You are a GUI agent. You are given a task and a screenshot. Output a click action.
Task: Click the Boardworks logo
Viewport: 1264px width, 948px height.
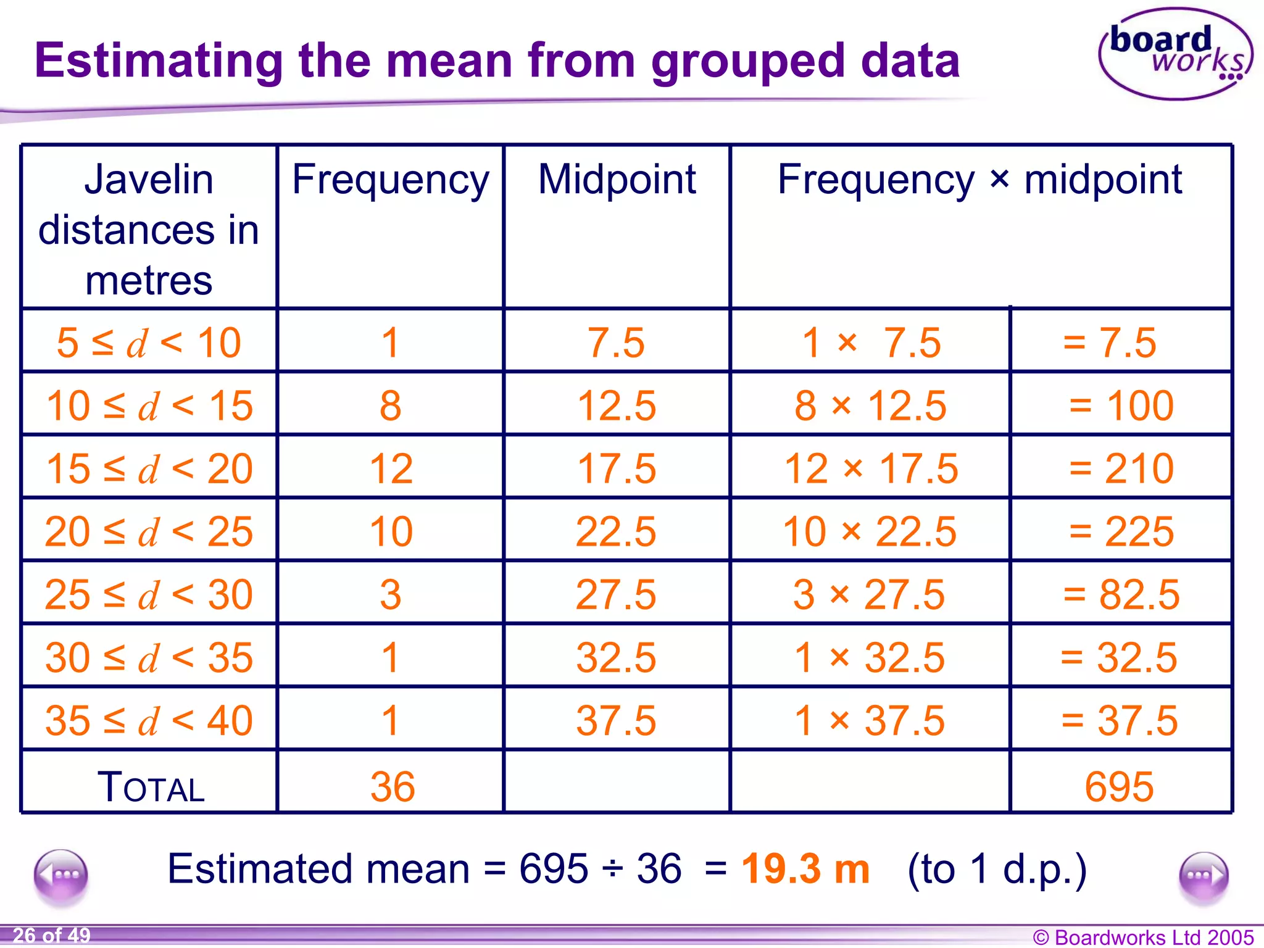1175,54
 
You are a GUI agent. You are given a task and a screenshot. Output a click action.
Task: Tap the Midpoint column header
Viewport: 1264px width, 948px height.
617,180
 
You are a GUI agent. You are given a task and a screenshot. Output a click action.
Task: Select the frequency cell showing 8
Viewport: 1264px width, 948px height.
390,405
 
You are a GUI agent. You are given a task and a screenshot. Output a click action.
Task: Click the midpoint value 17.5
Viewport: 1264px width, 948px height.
617,468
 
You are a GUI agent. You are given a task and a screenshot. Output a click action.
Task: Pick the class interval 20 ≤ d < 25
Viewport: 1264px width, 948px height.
149,531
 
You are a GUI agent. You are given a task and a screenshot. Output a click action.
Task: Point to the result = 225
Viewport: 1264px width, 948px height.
1121,531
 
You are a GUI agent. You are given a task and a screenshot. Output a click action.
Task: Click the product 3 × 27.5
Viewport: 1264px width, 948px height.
869,594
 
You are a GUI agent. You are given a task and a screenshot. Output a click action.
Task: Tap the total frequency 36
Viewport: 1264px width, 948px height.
393,787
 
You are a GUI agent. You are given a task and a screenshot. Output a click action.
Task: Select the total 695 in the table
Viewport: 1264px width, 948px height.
1119,787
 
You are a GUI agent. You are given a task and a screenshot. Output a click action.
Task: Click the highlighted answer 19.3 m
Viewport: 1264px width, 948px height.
805,868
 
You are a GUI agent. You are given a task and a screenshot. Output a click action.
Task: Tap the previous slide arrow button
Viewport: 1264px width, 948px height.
61,875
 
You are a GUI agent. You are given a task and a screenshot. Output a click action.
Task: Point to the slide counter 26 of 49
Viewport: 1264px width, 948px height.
52,936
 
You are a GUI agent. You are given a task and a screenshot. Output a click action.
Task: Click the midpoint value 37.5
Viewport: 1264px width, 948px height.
617,720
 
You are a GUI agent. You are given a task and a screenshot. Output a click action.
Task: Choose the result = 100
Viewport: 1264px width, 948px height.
1121,405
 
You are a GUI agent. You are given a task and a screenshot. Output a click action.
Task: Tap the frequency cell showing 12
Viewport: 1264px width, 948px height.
391,468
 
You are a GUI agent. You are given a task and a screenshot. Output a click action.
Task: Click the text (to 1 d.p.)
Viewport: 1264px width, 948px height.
997,869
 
